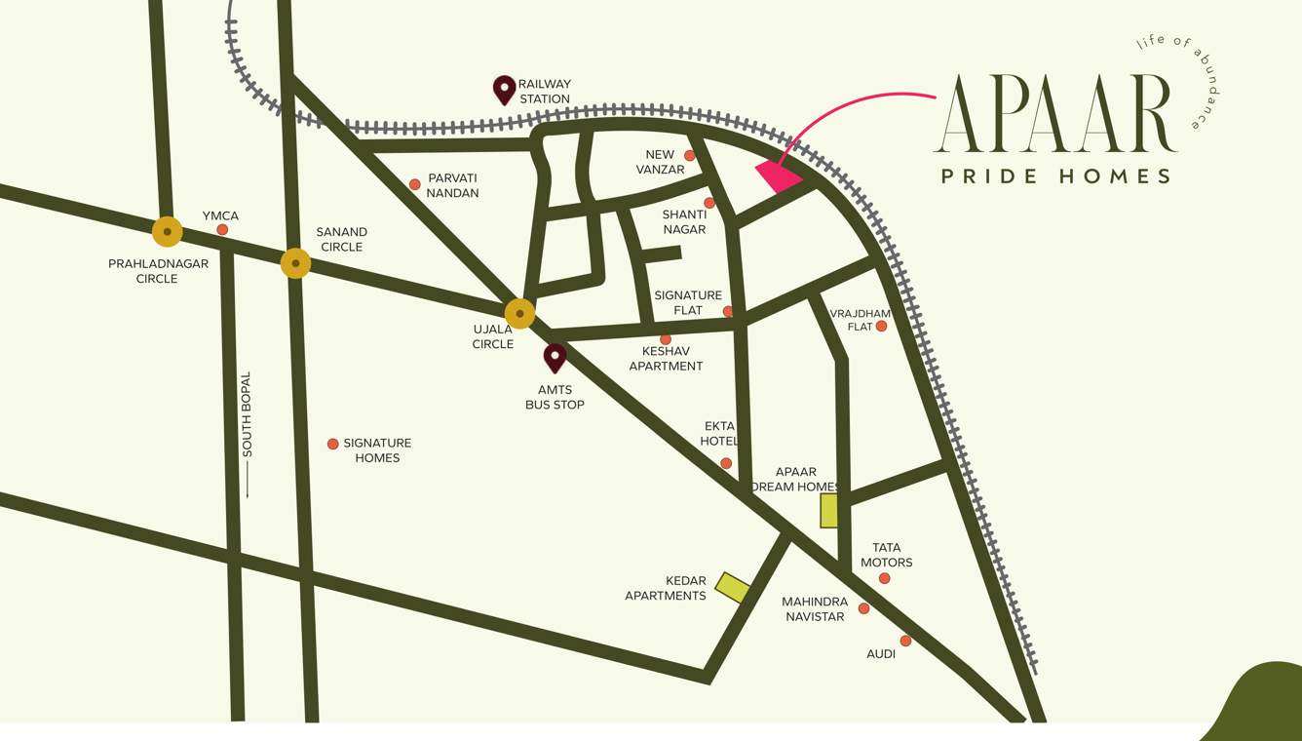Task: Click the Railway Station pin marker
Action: (504, 89)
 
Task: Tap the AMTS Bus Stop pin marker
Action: (555, 357)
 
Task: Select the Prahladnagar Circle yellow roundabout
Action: (168, 232)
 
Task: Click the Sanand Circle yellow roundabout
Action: (295, 263)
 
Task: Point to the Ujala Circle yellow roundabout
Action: (519, 314)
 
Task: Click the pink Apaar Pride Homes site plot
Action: (778, 176)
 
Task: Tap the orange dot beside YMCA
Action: (222, 230)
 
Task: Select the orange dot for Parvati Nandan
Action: (414, 184)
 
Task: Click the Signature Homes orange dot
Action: (332, 444)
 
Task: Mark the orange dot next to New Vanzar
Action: (689, 156)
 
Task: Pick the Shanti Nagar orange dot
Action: (708, 203)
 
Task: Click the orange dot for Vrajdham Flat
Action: (881, 327)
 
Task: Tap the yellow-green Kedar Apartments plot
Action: (732, 587)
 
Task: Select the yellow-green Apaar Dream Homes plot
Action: (828, 510)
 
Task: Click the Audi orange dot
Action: (905, 641)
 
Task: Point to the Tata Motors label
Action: (886, 555)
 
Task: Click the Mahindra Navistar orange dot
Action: (863, 608)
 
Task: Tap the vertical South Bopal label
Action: (247, 414)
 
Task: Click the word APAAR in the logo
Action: (1054, 115)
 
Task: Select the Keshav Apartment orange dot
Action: (666, 339)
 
